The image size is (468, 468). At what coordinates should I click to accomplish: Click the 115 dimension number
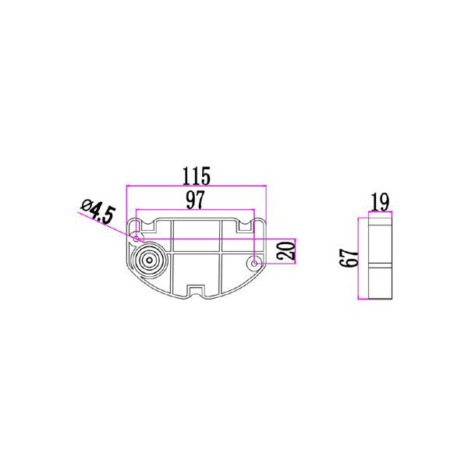click(x=196, y=175)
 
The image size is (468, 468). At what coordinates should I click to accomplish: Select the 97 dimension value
click(x=196, y=200)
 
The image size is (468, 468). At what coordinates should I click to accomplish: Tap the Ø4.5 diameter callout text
click(x=98, y=211)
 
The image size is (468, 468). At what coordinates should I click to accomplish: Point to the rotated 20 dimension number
click(x=286, y=251)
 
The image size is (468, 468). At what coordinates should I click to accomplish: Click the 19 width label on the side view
click(x=381, y=202)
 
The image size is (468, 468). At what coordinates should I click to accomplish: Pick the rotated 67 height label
click(x=349, y=258)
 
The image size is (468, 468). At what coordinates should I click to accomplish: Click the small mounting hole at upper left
click(x=136, y=239)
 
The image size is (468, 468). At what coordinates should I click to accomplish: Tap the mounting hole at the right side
click(x=254, y=264)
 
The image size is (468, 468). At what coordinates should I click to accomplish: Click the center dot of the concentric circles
click(x=149, y=261)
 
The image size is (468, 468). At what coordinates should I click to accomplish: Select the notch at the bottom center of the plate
click(x=196, y=290)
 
